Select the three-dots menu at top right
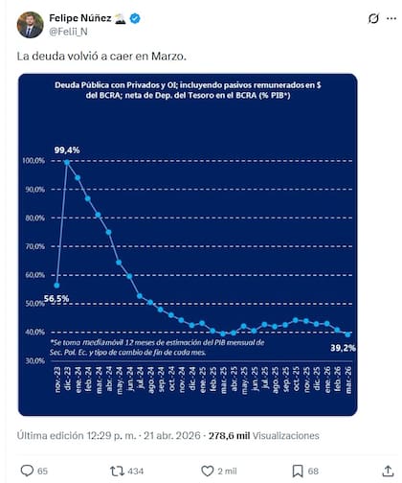tap(378, 19)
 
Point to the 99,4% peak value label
tap(66, 149)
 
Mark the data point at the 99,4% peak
tap(67, 161)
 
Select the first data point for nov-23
tap(57, 285)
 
